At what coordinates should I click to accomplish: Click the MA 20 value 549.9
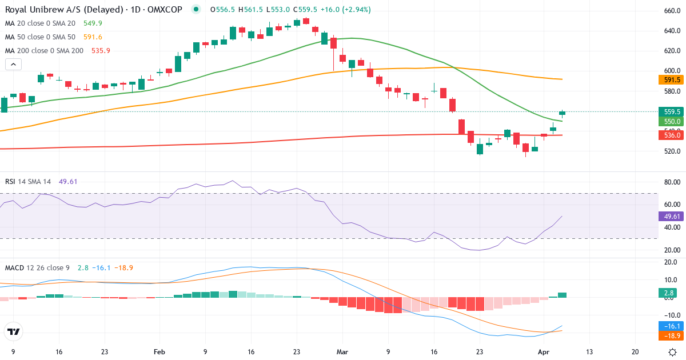click(x=93, y=23)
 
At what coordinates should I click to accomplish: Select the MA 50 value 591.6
click(x=93, y=37)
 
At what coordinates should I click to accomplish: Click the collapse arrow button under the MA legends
click(x=13, y=65)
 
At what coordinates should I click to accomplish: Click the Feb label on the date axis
click(x=159, y=352)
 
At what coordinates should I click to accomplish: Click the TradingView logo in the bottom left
click(x=13, y=331)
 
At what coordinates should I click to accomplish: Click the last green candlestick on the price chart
click(x=562, y=113)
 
